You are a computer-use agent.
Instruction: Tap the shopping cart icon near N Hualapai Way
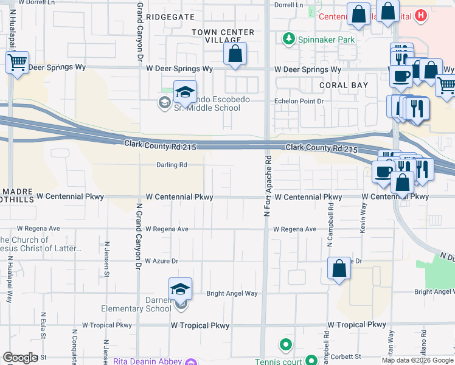point(17,61)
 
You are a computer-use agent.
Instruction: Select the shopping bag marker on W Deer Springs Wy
point(235,54)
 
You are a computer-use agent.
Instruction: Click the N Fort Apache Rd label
point(267,186)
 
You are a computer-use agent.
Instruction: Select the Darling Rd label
point(172,165)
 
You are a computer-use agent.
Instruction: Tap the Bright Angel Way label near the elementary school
point(232,293)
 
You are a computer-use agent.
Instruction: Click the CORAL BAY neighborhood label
point(344,85)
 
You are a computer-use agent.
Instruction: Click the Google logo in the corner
point(20,358)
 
